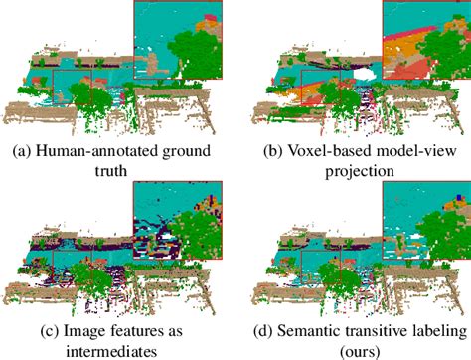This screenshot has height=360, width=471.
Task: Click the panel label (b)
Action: [x=268, y=153]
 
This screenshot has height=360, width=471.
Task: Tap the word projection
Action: [x=353, y=170]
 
